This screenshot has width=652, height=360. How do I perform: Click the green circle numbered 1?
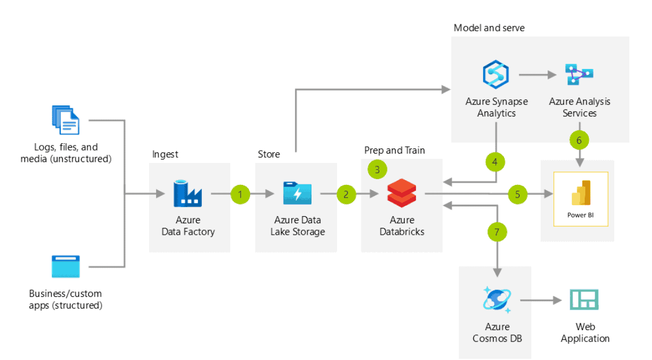(240, 194)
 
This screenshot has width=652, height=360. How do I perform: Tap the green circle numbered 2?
(346, 194)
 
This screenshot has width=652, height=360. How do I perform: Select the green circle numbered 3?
(377, 169)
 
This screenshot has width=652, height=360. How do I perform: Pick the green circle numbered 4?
(495, 162)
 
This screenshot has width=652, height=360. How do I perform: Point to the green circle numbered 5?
(517, 194)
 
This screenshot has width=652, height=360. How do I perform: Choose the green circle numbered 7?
(497, 232)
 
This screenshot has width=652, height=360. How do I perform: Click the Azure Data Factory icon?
(187, 193)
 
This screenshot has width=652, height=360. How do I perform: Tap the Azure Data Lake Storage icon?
(297, 193)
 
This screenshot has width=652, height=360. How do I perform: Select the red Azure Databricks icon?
(402, 194)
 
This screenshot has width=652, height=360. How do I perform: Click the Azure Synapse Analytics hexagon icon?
(495, 75)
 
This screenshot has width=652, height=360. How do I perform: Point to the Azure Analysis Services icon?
(579, 75)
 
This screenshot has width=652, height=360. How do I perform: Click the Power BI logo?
(580, 193)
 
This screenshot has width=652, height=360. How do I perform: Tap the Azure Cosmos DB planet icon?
(496, 300)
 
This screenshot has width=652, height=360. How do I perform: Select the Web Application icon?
(584, 300)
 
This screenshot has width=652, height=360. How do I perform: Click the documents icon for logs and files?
(65, 120)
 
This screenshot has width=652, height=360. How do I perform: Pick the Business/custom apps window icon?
(66, 267)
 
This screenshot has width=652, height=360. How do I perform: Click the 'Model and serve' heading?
(489, 28)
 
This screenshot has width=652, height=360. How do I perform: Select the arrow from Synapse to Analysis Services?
(537, 75)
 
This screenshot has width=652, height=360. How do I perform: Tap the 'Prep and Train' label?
(394, 150)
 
